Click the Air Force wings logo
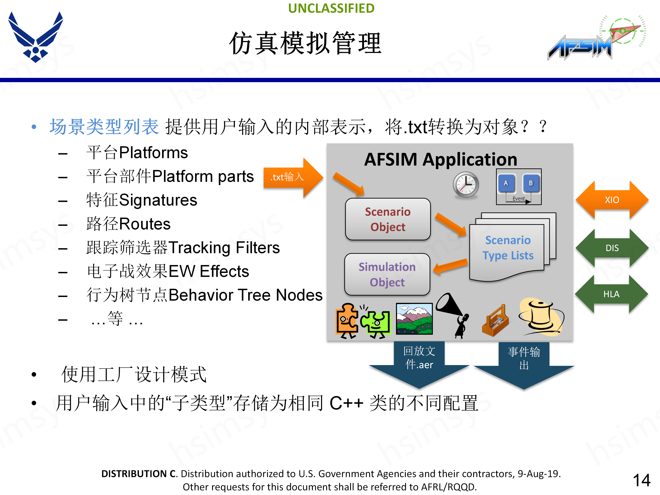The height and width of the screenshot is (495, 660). [36, 37]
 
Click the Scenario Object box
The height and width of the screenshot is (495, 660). [388, 219]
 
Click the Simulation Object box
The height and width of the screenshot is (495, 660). [387, 274]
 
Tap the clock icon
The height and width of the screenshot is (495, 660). [466, 185]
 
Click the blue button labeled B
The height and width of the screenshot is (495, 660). [531, 183]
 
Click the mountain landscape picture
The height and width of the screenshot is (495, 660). [414, 319]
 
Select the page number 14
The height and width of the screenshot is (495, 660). [641, 480]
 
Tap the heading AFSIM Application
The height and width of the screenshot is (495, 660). [441, 160]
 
